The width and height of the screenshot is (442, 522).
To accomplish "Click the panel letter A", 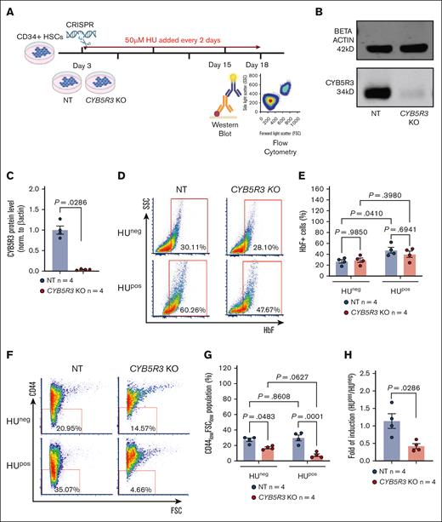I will [6, 7].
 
